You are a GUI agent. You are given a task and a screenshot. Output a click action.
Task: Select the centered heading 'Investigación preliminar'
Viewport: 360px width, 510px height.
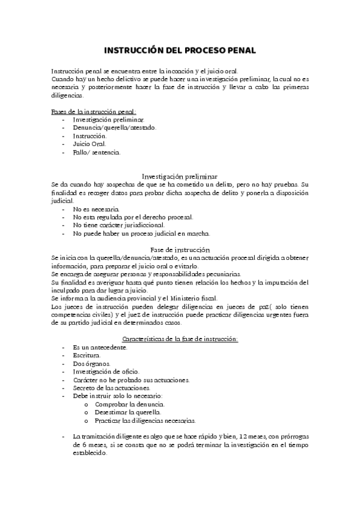coord(179,176)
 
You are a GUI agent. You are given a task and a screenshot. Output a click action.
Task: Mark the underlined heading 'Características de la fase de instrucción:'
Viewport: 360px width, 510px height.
coord(180,339)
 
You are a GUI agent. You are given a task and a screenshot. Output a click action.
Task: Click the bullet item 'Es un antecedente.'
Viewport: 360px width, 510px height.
coord(99,348)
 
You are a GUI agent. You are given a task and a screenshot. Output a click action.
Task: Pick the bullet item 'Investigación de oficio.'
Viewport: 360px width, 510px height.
coord(106,372)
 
